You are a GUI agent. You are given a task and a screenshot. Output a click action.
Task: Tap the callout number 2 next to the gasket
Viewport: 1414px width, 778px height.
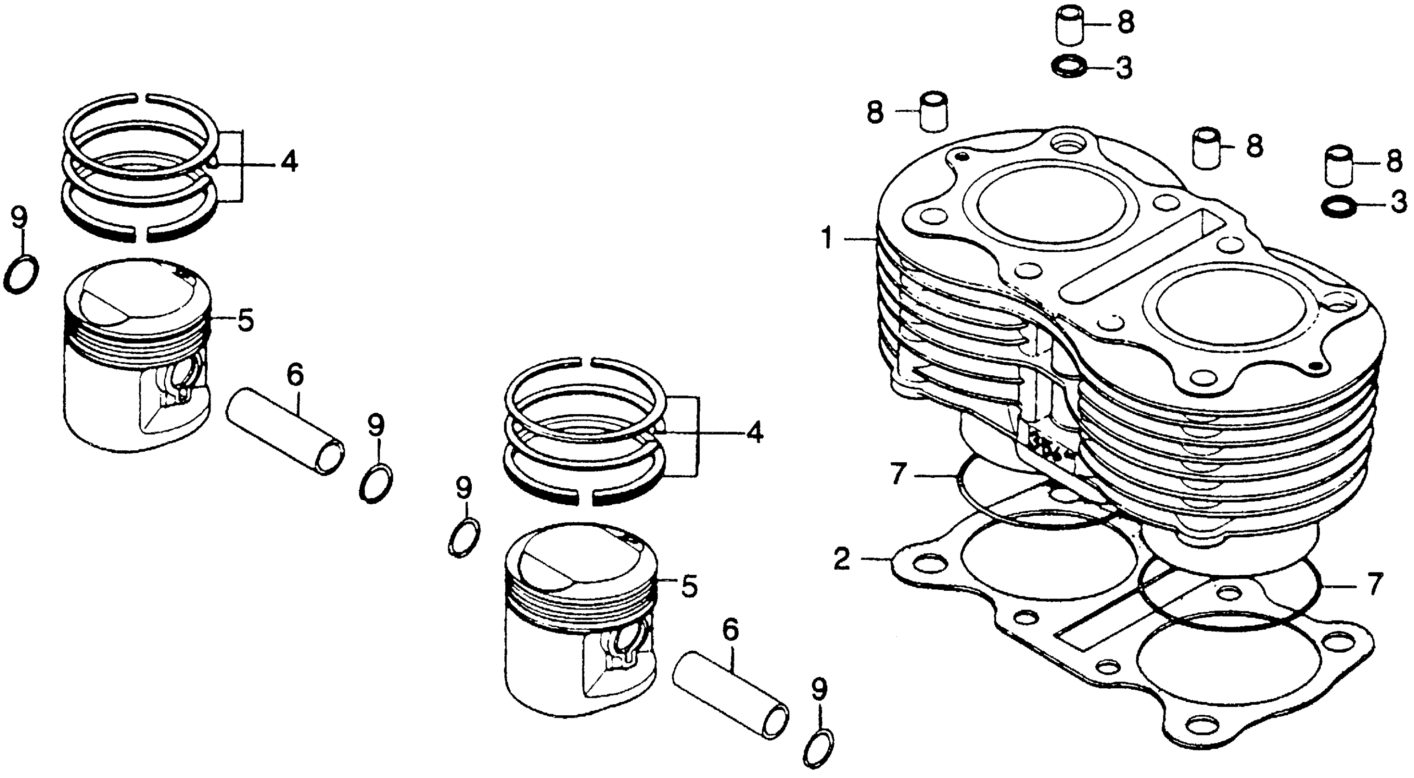click(841, 559)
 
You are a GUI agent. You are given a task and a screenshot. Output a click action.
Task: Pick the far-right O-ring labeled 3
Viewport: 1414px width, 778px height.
click(1335, 207)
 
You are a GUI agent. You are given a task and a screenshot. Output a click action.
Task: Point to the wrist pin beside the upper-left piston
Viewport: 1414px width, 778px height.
click(286, 431)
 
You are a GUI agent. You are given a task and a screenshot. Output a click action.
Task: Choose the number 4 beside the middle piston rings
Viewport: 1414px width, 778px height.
click(754, 432)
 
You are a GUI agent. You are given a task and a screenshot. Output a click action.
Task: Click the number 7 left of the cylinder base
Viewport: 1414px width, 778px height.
click(896, 475)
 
